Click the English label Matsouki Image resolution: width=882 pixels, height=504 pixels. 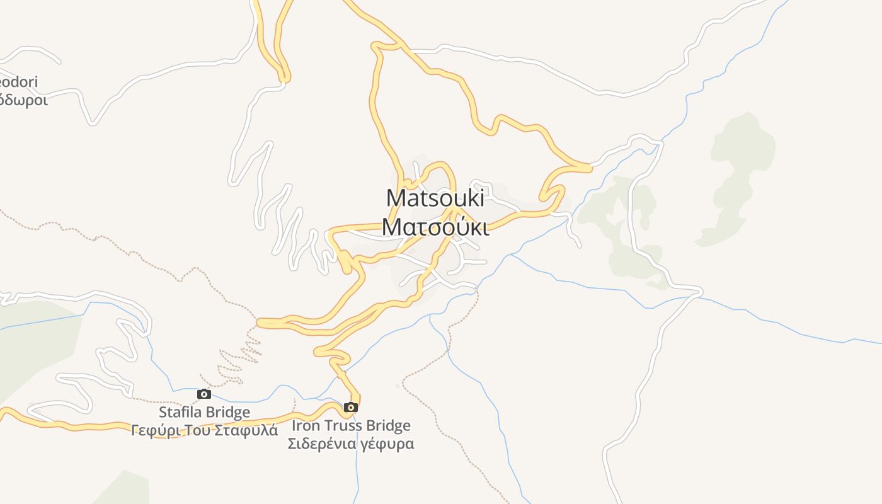[x=435, y=198]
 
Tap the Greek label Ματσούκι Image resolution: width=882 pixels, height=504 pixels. [x=435, y=227]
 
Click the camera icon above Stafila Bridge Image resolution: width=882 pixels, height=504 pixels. [x=204, y=394]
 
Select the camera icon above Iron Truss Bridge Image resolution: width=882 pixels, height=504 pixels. [x=351, y=408]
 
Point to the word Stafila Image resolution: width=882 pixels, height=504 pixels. [x=181, y=413]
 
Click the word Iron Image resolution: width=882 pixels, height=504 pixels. [x=304, y=426]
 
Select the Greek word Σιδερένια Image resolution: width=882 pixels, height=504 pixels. [x=318, y=444]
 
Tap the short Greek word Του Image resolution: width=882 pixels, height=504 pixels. [x=195, y=431]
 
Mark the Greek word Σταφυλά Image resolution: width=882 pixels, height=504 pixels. [x=246, y=431]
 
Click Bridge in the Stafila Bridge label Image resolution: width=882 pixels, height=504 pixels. [x=229, y=413]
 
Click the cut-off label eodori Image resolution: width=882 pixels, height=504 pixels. [x=19, y=82]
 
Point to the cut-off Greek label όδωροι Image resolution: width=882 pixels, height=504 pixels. [x=24, y=100]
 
